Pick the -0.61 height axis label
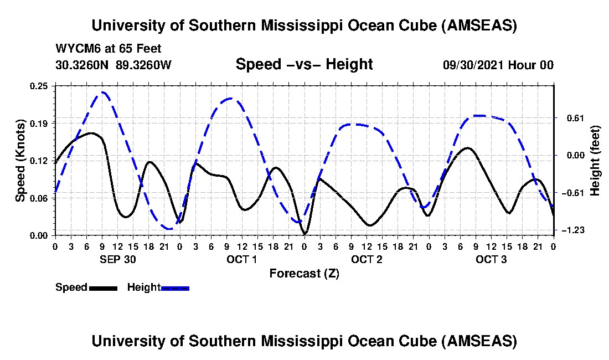click(572, 193)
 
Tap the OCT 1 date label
click(242, 259)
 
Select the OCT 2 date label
click(367, 259)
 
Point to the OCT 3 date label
click(492, 259)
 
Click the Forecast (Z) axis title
click(304, 273)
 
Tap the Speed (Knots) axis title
click(20, 161)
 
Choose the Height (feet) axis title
click(596, 161)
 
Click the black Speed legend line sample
click(103, 288)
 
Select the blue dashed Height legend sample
click(175, 288)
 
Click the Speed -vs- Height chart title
click(304, 64)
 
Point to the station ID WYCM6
click(75, 49)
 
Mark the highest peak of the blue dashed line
click(103, 92)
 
